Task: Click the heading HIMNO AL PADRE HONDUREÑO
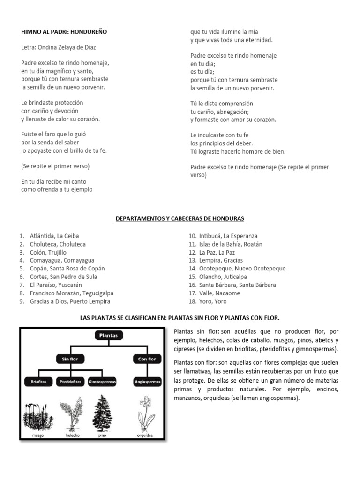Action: pos(64,32)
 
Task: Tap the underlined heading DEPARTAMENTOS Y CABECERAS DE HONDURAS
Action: pos(180,218)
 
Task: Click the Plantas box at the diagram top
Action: pos(109,335)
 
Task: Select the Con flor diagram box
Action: pos(147,359)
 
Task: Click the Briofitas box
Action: pos(38,382)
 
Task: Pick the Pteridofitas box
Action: pos(71,382)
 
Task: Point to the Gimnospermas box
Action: pos(102,382)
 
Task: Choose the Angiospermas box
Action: pos(147,382)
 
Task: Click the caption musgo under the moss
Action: pos(38,435)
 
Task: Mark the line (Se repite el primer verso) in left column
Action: pos(55,166)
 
